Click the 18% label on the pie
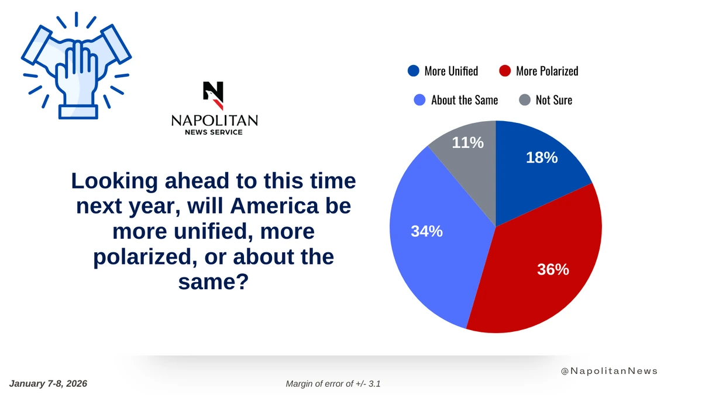click(x=542, y=157)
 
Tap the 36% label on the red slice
click(x=553, y=270)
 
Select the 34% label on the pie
click(x=426, y=231)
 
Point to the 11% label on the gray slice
click(x=467, y=143)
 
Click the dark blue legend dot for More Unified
click(x=414, y=71)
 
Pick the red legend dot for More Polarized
click(x=505, y=71)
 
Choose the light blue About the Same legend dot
click(x=419, y=100)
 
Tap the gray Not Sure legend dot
click(x=525, y=100)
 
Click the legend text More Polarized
click(x=547, y=71)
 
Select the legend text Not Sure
click(x=554, y=100)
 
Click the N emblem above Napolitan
click(x=213, y=95)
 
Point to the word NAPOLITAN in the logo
click(x=214, y=121)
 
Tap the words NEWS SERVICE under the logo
click(x=214, y=132)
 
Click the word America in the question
click(x=274, y=206)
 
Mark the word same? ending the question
click(x=214, y=281)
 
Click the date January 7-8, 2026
click(x=48, y=384)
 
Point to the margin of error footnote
click(x=333, y=384)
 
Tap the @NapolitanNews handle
click(x=609, y=371)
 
